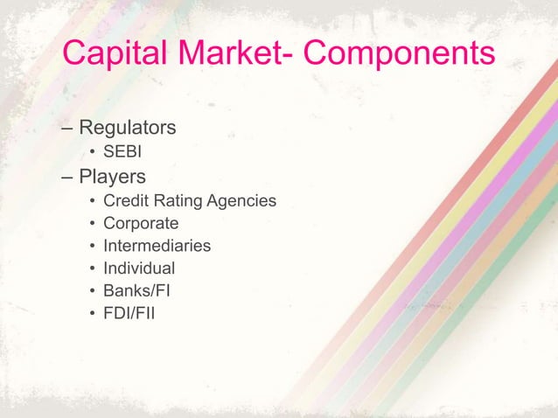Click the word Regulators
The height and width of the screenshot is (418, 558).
[128, 128]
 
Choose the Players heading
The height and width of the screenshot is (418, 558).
[113, 178]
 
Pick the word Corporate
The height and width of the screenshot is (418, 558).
[141, 224]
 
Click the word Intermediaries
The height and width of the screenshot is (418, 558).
[157, 246]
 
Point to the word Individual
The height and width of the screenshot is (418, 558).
[139, 268]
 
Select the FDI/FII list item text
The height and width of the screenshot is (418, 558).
[129, 313]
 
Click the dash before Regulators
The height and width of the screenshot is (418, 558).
[67, 129]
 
